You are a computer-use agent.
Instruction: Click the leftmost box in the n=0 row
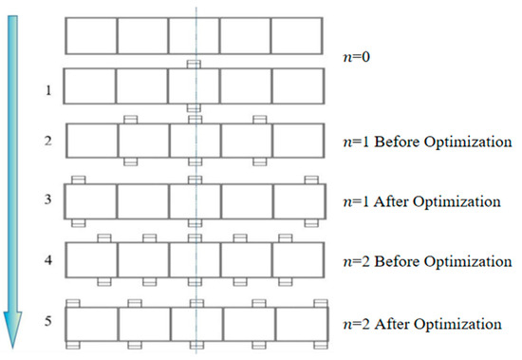91,36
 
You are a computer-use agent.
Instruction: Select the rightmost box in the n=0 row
297,36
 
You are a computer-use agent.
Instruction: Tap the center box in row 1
194,86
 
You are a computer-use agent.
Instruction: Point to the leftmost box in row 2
91,142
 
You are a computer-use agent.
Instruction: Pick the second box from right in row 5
246,321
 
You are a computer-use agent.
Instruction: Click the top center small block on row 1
194,65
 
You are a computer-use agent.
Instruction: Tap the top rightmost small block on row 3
309,180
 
